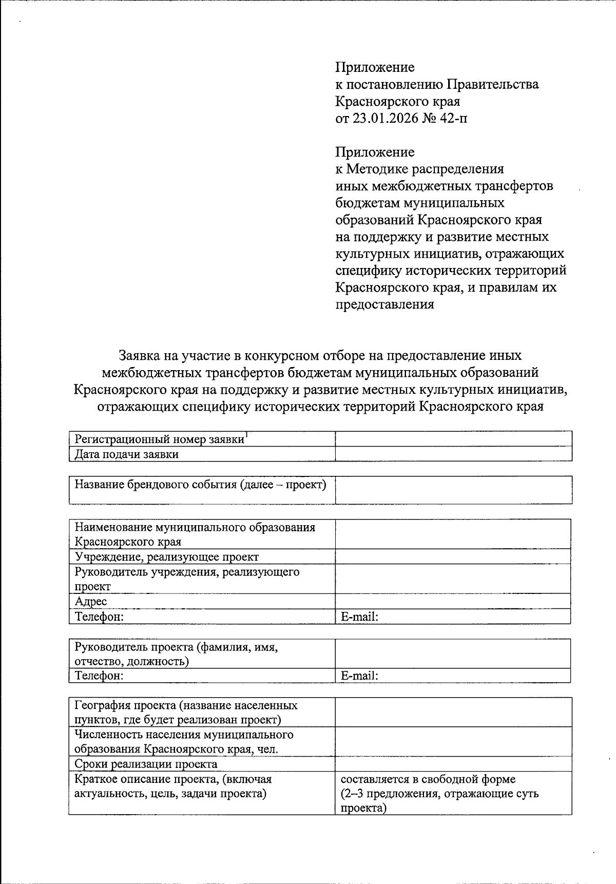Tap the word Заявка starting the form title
139,355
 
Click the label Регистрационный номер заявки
159,439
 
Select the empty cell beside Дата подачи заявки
453,454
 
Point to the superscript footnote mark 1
246,435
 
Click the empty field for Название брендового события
453,490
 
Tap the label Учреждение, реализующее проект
167,556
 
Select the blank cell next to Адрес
453,601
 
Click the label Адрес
91,601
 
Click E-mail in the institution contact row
359,617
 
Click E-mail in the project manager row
359,676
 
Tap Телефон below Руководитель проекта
99,676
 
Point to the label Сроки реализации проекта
146,764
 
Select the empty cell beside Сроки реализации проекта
453,764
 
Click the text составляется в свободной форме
428,779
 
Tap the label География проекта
186,705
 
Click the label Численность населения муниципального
184,735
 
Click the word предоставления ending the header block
384,304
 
